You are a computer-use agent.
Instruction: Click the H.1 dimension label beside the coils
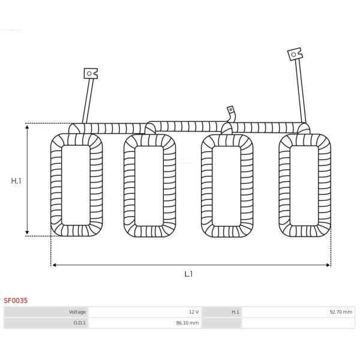(16, 181)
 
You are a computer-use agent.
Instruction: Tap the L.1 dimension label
(188, 274)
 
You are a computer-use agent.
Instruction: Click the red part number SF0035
(16, 301)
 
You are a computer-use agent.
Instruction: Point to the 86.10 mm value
(187, 323)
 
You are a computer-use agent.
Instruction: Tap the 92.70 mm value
(341, 312)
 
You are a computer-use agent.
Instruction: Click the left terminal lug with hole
(91, 73)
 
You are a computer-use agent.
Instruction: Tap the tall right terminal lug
(295, 54)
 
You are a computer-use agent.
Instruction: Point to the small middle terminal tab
(230, 110)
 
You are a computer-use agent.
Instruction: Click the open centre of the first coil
(76, 185)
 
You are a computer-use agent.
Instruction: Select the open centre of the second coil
(149, 186)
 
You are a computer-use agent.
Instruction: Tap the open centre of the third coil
(226, 186)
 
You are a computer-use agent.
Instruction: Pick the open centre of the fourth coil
(304, 185)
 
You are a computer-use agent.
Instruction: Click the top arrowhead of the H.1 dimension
(27, 127)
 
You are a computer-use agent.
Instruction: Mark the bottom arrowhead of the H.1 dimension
(27, 232)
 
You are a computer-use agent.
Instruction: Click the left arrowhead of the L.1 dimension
(55, 265)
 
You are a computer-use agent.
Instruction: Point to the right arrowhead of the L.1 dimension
(328, 265)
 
